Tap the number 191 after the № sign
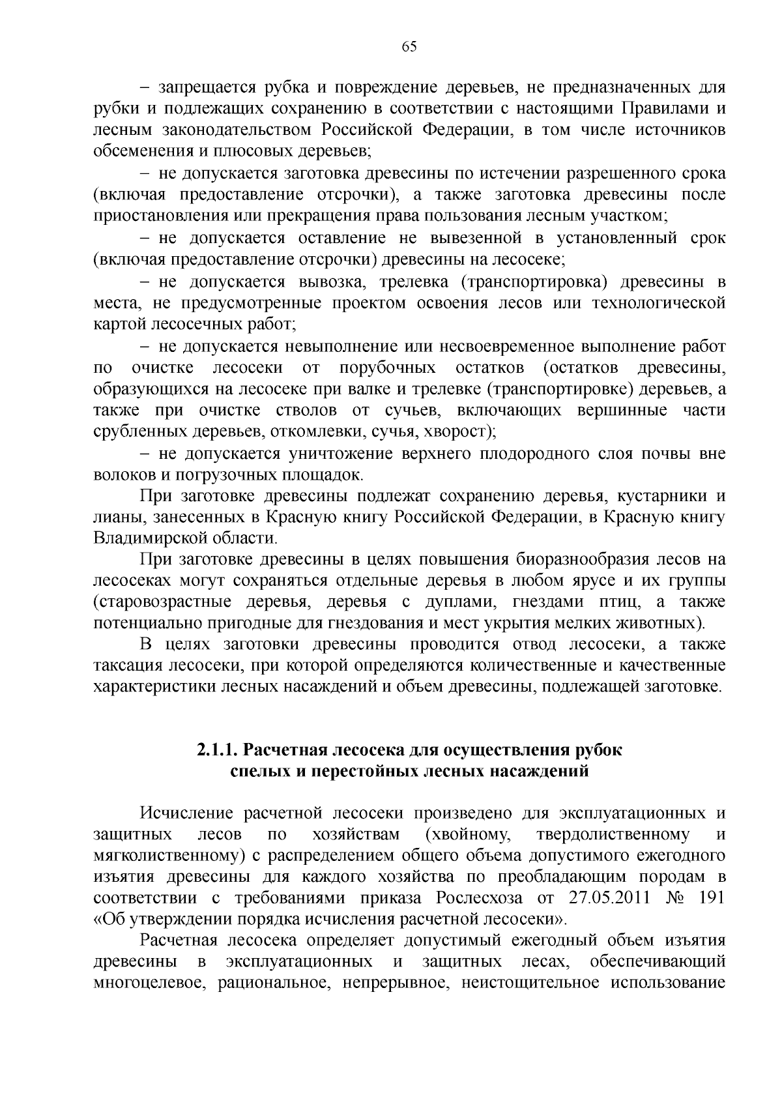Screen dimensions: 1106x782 pos(711,897)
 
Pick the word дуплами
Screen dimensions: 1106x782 pos(457,602)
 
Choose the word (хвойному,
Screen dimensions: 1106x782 pos(467,834)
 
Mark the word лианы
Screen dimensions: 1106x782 pos(113,517)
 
